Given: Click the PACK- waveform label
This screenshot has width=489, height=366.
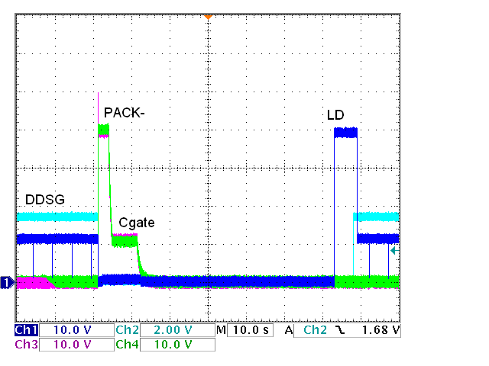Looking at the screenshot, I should click(125, 113).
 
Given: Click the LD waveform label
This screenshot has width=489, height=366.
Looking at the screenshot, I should click(335, 115).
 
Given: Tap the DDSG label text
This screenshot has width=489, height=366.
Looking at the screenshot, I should click(44, 199).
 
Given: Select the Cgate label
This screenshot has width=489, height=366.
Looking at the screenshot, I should click(137, 223).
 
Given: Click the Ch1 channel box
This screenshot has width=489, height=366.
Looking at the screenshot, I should click(26, 331).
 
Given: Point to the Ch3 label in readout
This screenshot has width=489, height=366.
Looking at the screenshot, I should click(26, 344).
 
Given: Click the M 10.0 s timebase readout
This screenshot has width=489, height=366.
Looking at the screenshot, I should click(244, 331).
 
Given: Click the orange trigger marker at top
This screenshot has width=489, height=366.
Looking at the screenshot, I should click(207, 17).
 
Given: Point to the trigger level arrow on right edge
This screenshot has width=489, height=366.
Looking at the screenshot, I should click(394, 249).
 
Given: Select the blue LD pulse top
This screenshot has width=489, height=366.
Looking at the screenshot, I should click(345, 132).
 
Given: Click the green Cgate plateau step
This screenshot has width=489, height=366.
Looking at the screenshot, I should click(124, 241).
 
